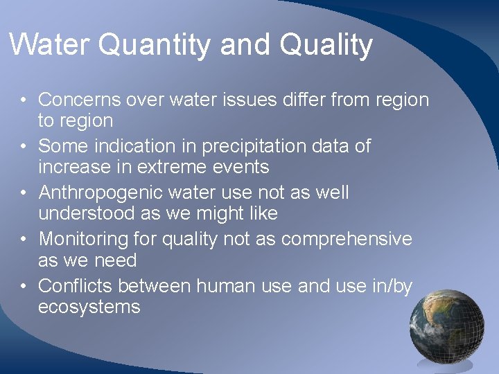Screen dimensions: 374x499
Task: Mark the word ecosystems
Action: pyautogui.click(x=89, y=307)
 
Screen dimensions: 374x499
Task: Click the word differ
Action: pyautogui.click(x=303, y=100)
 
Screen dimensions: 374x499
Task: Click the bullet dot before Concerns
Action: pyautogui.click(x=23, y=100)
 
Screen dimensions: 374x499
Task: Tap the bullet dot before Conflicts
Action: pyautogui.click(x=23, y=286)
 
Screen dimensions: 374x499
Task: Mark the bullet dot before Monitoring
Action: pyautogui.click(x=23, y=240)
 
